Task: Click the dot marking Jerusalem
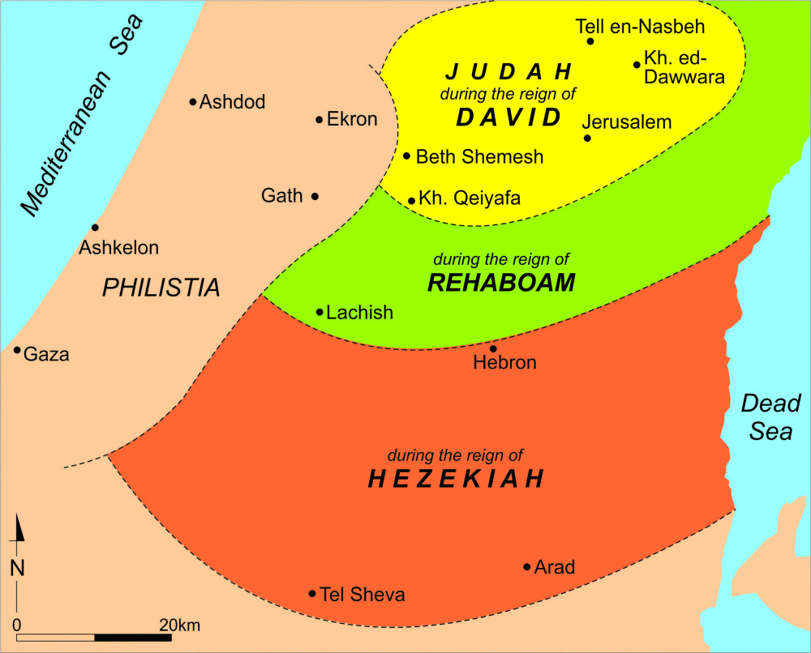click(587, 139)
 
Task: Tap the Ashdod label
click(233, 102)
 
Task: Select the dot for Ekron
click(320, 120)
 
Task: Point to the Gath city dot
click(315, 196)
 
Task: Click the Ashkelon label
click(118, 248)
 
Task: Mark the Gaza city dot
click(17, 350)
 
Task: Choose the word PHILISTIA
click(161, 288)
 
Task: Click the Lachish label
click(359, 313)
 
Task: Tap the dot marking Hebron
click(493, 348)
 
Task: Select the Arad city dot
click(526, 566)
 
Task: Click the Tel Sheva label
click(363, 595)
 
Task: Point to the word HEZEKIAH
click(455, 479)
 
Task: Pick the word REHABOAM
click(500, 283)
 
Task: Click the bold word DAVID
click(508, 117)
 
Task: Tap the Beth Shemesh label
click(479, 157)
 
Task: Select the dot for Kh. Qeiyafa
click(412, 200)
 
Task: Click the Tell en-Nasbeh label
click(640, 27)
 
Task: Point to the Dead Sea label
click(770, 417)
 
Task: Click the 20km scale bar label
click(179, 625)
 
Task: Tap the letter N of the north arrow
click(17, 568)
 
